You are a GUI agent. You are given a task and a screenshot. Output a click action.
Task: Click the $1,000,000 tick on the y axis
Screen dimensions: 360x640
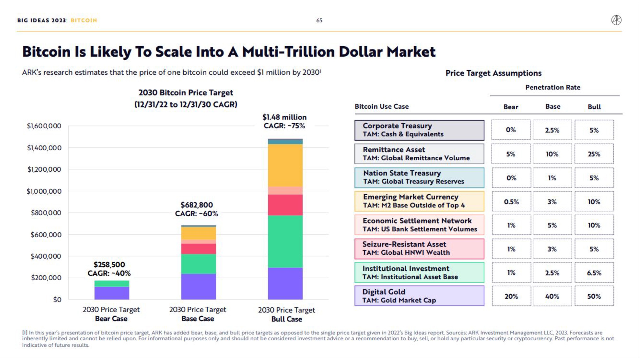44,191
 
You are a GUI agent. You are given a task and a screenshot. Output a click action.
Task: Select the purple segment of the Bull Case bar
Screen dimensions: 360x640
285,283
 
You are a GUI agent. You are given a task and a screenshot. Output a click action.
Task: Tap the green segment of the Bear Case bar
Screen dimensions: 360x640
112,283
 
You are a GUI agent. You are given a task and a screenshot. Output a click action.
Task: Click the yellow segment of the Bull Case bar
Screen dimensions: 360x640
285,165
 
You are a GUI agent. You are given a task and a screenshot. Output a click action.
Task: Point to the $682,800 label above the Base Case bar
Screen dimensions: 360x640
197,205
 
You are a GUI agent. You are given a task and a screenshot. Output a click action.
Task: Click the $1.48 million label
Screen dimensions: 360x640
284,117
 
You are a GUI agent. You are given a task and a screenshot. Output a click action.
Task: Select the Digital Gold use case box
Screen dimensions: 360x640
419,296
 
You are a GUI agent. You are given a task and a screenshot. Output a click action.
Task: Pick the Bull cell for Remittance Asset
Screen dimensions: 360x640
594,154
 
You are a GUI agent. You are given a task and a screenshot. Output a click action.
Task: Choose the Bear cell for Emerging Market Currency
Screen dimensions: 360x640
511,202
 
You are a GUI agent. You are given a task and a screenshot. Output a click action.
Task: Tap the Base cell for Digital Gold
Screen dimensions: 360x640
552,296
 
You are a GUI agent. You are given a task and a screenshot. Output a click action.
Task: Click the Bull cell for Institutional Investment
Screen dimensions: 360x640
594,273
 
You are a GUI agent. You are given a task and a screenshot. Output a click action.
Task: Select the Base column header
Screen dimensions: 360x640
553,107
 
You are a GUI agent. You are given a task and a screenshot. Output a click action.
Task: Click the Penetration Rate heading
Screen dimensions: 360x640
553,87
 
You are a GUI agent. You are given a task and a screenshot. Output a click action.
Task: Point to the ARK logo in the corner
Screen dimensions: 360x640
616,20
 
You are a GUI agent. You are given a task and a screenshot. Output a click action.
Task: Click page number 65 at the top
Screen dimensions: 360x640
319,21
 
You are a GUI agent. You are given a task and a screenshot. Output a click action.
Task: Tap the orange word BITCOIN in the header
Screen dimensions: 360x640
84,21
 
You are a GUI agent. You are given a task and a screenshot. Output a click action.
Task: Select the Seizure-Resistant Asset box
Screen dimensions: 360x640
419,249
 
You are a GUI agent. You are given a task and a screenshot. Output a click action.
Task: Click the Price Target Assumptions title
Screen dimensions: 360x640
493,73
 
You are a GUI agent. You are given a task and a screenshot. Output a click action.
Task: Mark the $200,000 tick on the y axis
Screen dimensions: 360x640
46,278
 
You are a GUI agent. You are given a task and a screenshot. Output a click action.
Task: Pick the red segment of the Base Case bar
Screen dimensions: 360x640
198,249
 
